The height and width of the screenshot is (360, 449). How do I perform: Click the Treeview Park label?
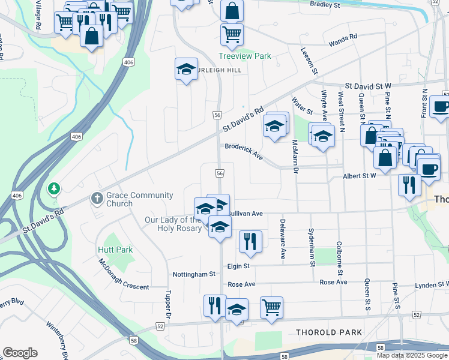(x=244, y=56)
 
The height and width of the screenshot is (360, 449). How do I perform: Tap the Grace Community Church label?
(x=140, y=199)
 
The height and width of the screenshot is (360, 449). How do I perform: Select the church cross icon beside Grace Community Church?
(x=96, y=198)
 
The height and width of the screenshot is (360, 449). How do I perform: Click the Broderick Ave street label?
(x=244, y=151)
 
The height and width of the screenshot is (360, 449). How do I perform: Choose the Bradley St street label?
(x=325, y=4)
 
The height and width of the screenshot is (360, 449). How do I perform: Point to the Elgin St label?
(x=238, y=266)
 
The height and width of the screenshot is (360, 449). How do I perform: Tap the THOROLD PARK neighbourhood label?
(x=329, y=332)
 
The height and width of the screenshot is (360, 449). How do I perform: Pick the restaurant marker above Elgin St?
(x=250, y=241)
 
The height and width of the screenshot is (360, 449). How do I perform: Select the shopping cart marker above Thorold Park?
(x=271, y=307)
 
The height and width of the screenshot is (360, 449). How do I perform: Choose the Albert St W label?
(x=359, y=176)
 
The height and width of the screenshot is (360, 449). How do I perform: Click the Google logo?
(x=20, y=353)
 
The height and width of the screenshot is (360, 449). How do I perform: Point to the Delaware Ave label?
(x=283, y=239)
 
